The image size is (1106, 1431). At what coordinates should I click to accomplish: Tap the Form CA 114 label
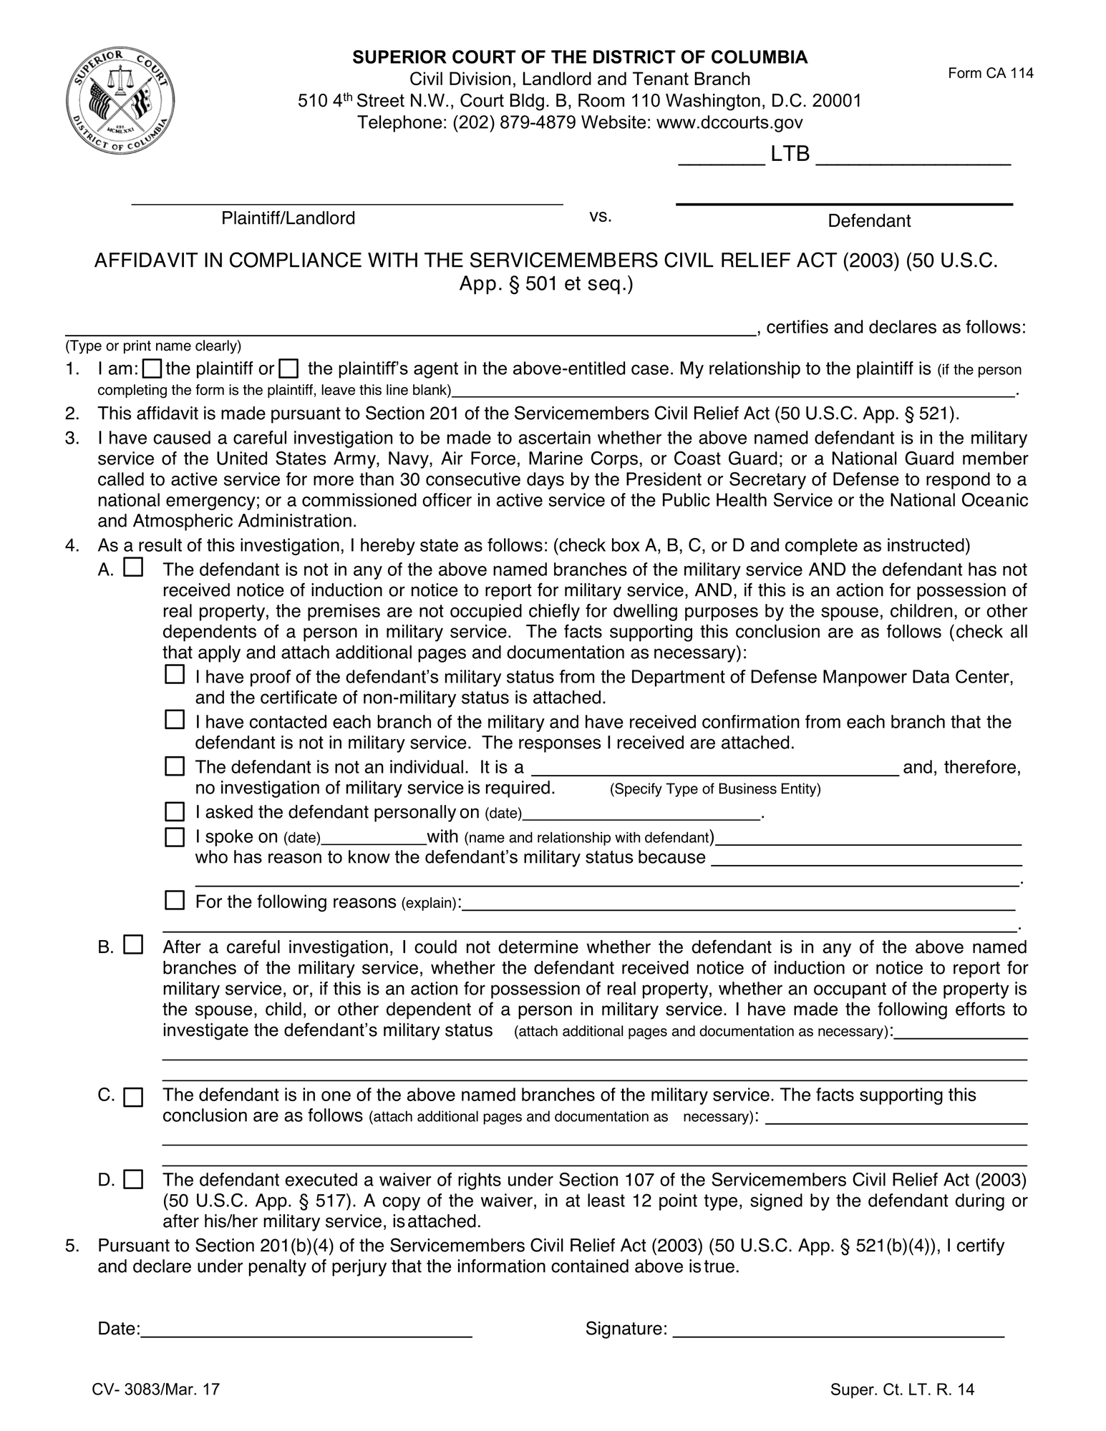click(990, 73)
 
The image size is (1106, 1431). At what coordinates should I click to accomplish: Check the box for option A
click(133, 568)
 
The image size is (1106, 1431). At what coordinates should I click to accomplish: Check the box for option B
click(133, 945)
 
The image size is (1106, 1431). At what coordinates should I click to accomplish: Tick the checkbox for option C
click(133, 1097)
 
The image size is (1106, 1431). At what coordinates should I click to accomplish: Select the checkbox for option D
click(133, 1179)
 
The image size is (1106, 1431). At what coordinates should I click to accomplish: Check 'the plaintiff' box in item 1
click(152, 369)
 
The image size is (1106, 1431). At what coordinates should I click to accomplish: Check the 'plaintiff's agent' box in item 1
click(288, 369)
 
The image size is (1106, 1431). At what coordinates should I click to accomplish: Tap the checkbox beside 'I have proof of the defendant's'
click(175, 675)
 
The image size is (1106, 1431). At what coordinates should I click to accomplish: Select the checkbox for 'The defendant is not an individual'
click(175, 766)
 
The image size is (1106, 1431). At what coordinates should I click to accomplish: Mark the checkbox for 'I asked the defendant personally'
click(175, 811)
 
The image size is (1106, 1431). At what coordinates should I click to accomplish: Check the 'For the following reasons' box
click(175, 900)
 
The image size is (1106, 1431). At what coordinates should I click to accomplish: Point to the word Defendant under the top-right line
click(868, 221)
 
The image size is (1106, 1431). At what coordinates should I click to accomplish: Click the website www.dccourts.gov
click(729, 122)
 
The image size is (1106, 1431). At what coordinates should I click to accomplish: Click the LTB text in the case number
click(790, 154)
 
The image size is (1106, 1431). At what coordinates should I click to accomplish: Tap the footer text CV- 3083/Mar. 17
click(155, 1390)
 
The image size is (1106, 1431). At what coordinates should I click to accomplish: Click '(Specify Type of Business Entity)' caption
click(714, 789)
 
